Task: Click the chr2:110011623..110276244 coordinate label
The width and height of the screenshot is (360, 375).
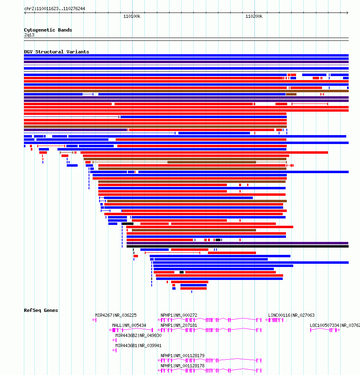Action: click(x=55, y=8)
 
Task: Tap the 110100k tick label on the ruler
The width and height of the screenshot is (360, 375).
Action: click(x=132, y=16)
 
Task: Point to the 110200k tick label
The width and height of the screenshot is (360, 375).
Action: click(x=254, y=16)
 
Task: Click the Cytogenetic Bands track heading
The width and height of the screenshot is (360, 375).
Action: click(x=48, y=30)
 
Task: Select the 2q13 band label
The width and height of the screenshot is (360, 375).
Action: click(x=29, y=35)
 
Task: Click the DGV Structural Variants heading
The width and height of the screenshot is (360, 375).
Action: click(x=57, y=52)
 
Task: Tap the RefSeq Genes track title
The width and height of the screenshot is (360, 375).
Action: click(x=41, y=310)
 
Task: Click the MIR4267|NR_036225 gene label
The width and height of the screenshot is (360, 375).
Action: click(x=116, y=315)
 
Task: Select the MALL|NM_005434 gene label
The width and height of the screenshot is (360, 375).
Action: click(x=129, y=325)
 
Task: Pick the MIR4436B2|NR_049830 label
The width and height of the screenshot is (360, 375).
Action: click(x=138, y=335)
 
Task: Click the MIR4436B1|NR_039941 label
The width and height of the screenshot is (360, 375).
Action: click(x=138, y=345)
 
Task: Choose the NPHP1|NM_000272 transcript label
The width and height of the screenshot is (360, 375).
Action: click(x=179, y=315)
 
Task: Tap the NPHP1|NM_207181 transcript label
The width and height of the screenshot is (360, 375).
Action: click(x=179, y=325)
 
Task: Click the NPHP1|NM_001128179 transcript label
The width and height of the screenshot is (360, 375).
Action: click(x=182, y=356)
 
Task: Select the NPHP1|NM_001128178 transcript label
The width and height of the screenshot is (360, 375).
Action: click(x=182, y=366)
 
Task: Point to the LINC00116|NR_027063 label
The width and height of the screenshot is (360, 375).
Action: click(x=291, y=315)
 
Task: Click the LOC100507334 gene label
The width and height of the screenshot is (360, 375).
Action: click(x=324, y=325)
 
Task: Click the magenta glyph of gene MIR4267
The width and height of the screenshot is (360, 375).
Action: click(x=94, y=320)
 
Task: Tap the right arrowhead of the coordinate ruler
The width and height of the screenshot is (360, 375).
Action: click(x=347, y=13)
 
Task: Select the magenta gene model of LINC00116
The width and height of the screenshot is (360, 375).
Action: click(x=274, y=320)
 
